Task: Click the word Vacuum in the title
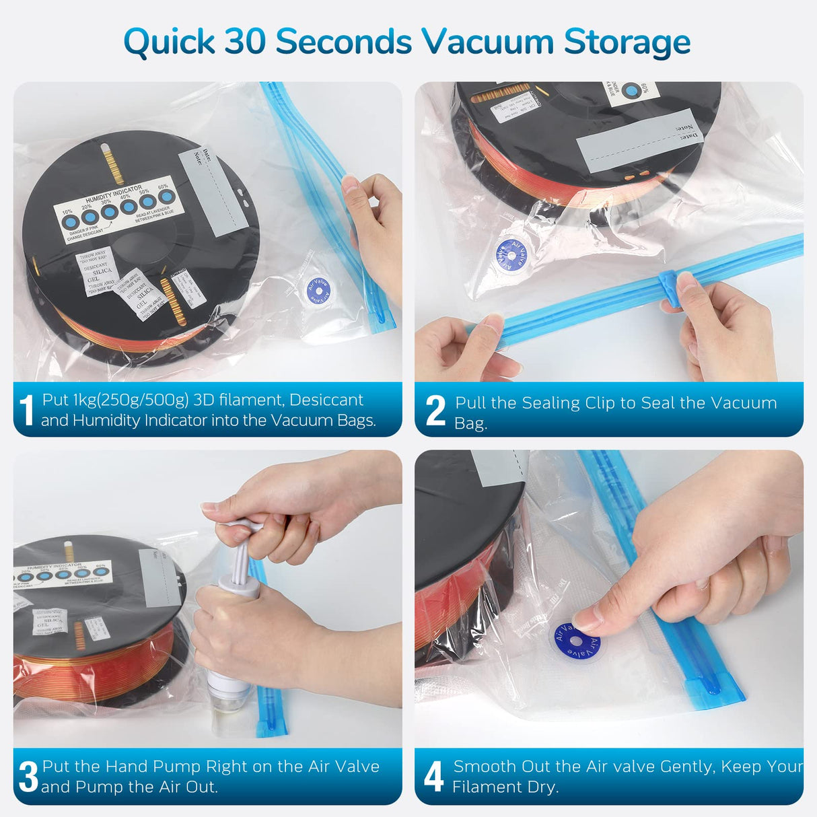(x=488, y=42)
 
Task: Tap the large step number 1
(x=26, y=411)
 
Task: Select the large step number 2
(x=435, y=411)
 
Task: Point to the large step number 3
(x=28, y=777)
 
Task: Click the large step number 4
(x=433, y=777)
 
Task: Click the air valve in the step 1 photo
(x=318, y=290)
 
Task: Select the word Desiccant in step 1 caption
(x=326, y=400)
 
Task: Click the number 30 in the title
(x=246, y=42)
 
